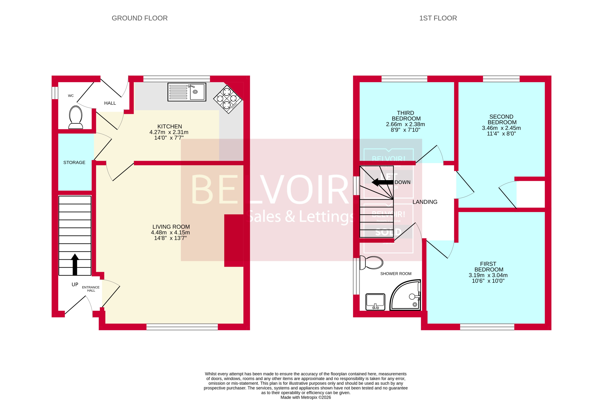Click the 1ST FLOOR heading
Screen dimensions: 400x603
[438, 18]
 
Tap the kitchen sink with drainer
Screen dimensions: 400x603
[187, 92]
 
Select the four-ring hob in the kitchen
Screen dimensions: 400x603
[228, 98]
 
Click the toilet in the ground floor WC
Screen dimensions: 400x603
[76, 117]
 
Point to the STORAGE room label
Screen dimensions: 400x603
[74, 163]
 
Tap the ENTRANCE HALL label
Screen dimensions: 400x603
[91, 289]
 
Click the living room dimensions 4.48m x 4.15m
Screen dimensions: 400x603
[170, 232]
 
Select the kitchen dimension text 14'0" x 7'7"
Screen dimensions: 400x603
[169, 138]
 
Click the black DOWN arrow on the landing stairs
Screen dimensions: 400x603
[382, 182]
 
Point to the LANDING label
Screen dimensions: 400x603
[425, 202]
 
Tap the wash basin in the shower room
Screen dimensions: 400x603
[375, 302]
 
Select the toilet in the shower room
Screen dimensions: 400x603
[372, 263]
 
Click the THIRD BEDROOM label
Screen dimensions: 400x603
[406, 116]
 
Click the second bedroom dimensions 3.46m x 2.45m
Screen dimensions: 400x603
[501, 128]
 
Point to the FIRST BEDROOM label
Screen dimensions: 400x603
[488, 267]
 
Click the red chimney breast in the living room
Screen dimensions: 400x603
[234, 240]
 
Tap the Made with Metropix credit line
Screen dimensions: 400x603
[305, 397]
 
